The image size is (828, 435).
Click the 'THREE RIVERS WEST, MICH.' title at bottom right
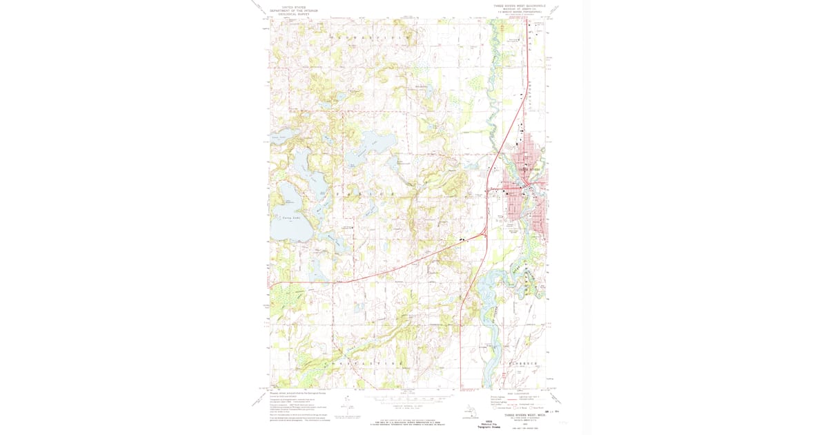518,406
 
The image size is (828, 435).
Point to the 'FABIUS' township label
366,195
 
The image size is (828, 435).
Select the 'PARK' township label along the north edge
373,36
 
